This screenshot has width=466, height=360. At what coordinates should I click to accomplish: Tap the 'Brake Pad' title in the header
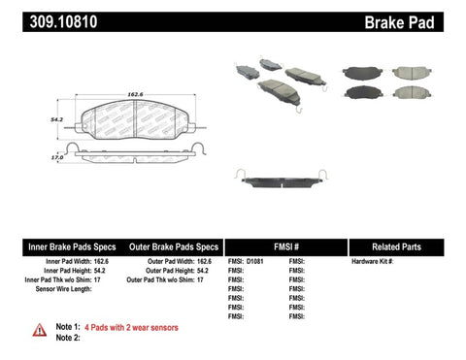click(x=421, y=19)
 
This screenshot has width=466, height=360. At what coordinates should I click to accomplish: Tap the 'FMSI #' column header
click(x=284, y=246)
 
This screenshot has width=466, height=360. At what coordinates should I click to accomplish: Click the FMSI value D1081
click(x=256, y=262)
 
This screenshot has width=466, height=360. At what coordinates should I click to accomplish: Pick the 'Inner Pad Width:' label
click(x=69, y=262)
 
